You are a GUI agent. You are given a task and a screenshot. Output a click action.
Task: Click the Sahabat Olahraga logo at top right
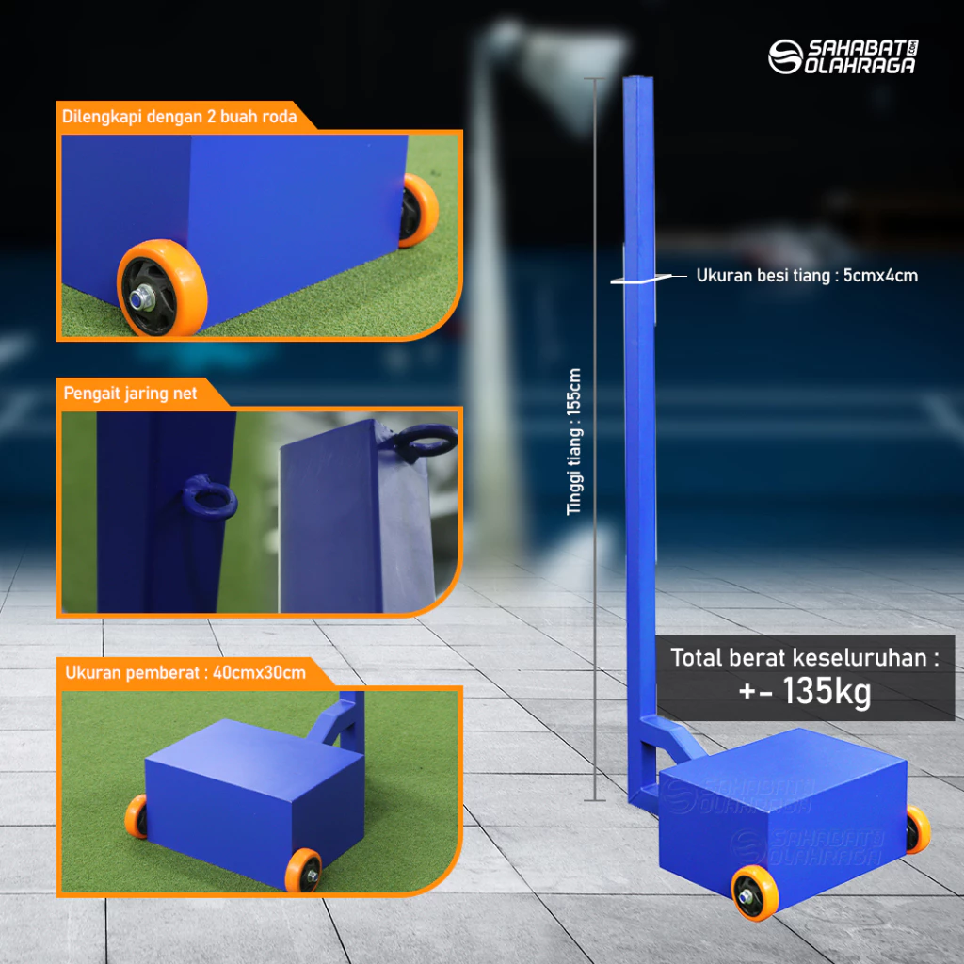point(843,56)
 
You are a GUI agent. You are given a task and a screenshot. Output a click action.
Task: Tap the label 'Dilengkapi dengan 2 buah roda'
point(180,116)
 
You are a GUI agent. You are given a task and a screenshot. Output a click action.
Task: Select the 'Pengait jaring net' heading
point(130,393)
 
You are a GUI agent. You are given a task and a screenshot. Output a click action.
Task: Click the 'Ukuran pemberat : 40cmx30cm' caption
point(185,672)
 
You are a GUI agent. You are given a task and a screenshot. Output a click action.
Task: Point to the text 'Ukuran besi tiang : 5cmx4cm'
point(807,276)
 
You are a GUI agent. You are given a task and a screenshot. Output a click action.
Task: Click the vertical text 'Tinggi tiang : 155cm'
point(573,442)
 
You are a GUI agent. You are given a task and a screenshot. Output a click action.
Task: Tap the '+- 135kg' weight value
point(805,691)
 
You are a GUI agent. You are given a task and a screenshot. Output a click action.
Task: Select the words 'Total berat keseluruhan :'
point(805,657)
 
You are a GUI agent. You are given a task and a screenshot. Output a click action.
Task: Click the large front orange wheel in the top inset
point(162,288)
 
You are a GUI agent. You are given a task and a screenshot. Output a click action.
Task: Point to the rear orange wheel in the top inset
point(418,210)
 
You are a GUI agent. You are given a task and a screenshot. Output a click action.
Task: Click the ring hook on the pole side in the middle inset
point(210,497)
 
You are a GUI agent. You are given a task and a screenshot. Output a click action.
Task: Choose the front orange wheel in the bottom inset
point(303,869)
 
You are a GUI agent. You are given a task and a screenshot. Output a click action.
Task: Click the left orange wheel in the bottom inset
point(137,816)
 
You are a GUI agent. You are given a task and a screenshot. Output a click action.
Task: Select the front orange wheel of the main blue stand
point(755,892)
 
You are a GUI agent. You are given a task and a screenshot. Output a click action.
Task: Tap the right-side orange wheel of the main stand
point(918,829)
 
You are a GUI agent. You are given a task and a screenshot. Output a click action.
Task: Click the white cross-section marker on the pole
point(641,279)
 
